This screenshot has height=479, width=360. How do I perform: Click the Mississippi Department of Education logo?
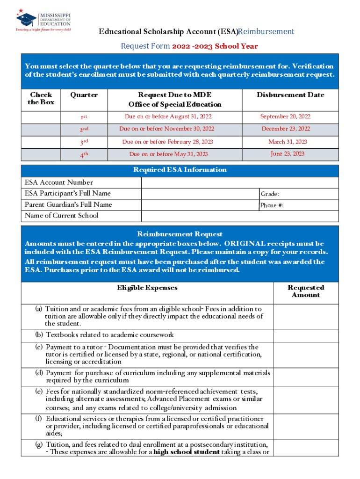(x=43, y=20)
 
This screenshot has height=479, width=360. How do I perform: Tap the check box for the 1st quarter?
(x=41, y=116)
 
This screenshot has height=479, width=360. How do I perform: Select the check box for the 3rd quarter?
(x=41, y=142)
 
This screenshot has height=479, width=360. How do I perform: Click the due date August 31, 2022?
(x=167, y=116)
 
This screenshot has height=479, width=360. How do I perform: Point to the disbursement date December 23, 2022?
(x=285, y=129)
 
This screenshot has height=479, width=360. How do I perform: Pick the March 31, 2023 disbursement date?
(x=288, y=142)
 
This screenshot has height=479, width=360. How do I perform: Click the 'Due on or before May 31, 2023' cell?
(x=168, y=154)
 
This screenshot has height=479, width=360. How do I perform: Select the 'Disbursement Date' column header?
(x=290, y=95)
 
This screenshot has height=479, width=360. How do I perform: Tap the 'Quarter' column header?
(x=84, y=95)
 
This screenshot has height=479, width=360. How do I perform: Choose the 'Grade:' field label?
(x=270, y=194)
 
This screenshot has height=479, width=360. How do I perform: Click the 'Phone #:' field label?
(x=272, y=205)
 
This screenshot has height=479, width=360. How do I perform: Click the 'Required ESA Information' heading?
(x=180, y=170)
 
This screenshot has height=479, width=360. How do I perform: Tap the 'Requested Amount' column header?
(x=306, y=291)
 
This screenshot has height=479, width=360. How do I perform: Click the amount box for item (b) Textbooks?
(x=306, y=335)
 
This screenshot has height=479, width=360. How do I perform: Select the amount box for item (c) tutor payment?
(x=306, y=354)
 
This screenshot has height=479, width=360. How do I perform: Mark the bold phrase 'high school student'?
(x=187, y=452)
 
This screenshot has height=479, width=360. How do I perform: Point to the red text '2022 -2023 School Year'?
(x=215, y=46)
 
